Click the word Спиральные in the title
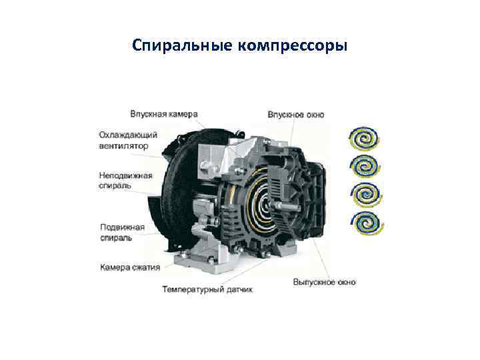point(182,46)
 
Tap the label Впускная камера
point(164,114)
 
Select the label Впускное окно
point(296,115)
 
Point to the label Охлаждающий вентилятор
point(128,140)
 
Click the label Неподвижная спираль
point(125,181)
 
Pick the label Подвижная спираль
point(122,233)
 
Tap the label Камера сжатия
point(130,267)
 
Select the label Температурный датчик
point(207,289)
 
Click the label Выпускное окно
point(325,282)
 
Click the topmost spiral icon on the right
point(364,139)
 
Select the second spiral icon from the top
point(365,167)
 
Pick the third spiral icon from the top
point(366,195)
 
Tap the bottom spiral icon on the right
point(367,223)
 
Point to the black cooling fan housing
point(176,190)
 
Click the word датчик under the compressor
point(240,289)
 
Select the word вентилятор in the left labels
point(123,146)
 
